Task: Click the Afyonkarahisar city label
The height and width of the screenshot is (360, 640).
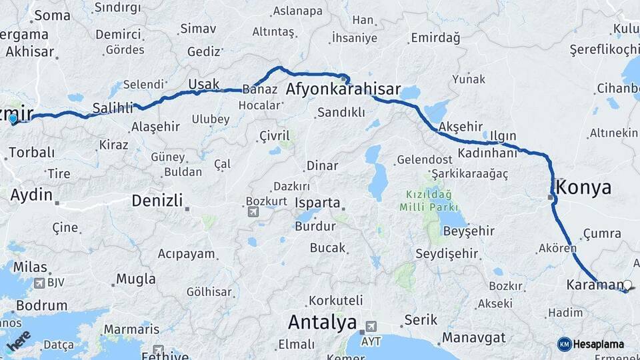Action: coord(343,89)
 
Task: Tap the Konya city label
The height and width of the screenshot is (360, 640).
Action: coord(583,187)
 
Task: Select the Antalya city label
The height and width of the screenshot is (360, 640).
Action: coord(322,323)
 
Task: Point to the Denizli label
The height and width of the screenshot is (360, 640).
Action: coord(157,200)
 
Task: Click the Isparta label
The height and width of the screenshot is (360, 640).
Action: coord(317,203)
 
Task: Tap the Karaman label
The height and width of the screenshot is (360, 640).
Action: coord(595,285)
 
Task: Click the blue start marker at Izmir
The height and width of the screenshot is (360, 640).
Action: coord(13,119)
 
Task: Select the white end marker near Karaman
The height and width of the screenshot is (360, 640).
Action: coord(627,285)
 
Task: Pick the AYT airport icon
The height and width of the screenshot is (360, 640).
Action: coord(370,327)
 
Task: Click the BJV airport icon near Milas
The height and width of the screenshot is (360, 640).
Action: coord(39,283)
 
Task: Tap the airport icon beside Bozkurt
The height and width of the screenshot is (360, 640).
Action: coord(253,212)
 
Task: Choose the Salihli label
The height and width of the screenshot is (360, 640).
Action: coord(113,107)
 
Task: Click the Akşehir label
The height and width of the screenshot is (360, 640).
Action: coord(461,126)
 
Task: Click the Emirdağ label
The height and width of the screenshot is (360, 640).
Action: coord(436,38)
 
